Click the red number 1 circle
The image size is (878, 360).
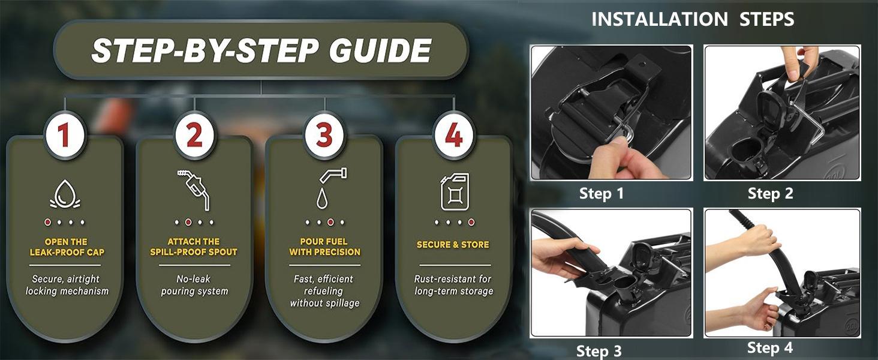pyautogui.click(x=65, y=136)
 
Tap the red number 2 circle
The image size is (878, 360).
pyautogui.click(x=195, y=136)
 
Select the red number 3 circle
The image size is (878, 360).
pyautogui.click(x=324, y=136)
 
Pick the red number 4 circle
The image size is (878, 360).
pyautogui.click(x=454, y=136)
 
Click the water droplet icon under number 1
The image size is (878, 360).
pyautogui.click(x=65, y=194)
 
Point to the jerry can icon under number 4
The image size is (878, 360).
pyautogui.click(x=455, y=191)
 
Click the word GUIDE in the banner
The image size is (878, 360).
pyautogui.click(x=380, y=50)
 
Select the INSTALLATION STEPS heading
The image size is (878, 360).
pyautogui.click(x=693, y=19)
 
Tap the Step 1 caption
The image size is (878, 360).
pyautogui.click(x=602, y=193)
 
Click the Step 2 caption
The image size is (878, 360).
pyautogui.click(x=770, y=193)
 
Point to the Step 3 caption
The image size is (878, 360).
pyautogui.click(x=599, y=351)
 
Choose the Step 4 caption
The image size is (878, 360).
pyautogui.click(x=770, y=348)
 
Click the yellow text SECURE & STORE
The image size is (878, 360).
pyautogui.click(x=453, y=245)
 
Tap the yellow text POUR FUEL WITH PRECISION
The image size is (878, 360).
pyautogui.click(x=324, y=247)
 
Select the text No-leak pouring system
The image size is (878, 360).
pyautogui.click(x=194, y=285)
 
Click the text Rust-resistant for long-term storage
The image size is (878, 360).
pyautogui.click(x=453, y=285)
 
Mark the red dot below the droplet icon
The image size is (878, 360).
pyautogui.click(x=47, y=223)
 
